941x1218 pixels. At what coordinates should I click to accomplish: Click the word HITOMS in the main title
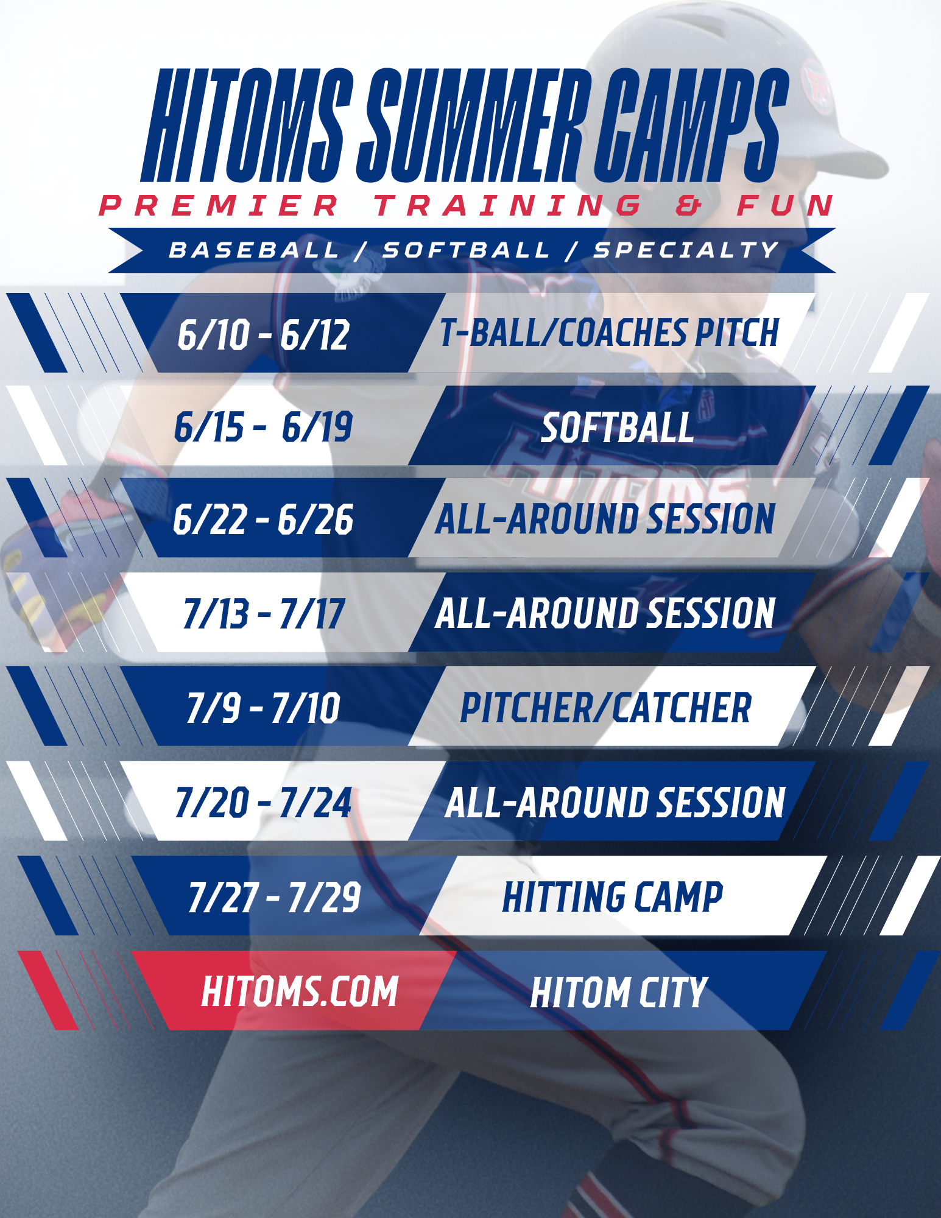(x=247, y=125)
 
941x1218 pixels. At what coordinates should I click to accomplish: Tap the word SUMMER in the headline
(x=474, y=125)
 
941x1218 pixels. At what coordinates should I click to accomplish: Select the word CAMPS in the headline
(x=692, y=125)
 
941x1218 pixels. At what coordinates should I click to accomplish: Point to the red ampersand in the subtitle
(x=689, y=205)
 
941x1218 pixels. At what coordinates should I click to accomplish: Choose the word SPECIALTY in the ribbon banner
(x=686, y=250)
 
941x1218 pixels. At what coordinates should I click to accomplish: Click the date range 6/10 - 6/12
(x=263, y=334)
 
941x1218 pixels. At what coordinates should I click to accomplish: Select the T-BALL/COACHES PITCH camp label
(x=610, y=333)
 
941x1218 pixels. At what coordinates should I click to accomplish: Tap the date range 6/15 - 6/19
(x=263, y=426)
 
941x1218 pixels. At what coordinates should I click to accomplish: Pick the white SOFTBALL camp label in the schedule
(x=617, y=428)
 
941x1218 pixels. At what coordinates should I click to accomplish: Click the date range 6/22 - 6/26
(x=263, y=519)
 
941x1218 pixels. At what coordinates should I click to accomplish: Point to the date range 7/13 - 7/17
(x=264, y=613)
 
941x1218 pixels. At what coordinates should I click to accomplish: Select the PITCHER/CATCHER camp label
(x=605, y=708)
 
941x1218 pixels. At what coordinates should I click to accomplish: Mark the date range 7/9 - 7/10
(x=263, y=708)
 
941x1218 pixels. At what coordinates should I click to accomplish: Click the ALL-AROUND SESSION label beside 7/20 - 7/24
(x=615, y=802)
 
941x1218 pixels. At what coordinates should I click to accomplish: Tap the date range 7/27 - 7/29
(x=275, y=897)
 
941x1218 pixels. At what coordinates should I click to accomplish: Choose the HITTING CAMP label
(x=613, y=897)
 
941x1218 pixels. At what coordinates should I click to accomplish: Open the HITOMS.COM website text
(x=300, y=991)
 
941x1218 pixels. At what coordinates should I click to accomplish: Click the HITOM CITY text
(x=618, y=992)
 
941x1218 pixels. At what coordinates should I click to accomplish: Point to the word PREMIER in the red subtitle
(x=219, y=205)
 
